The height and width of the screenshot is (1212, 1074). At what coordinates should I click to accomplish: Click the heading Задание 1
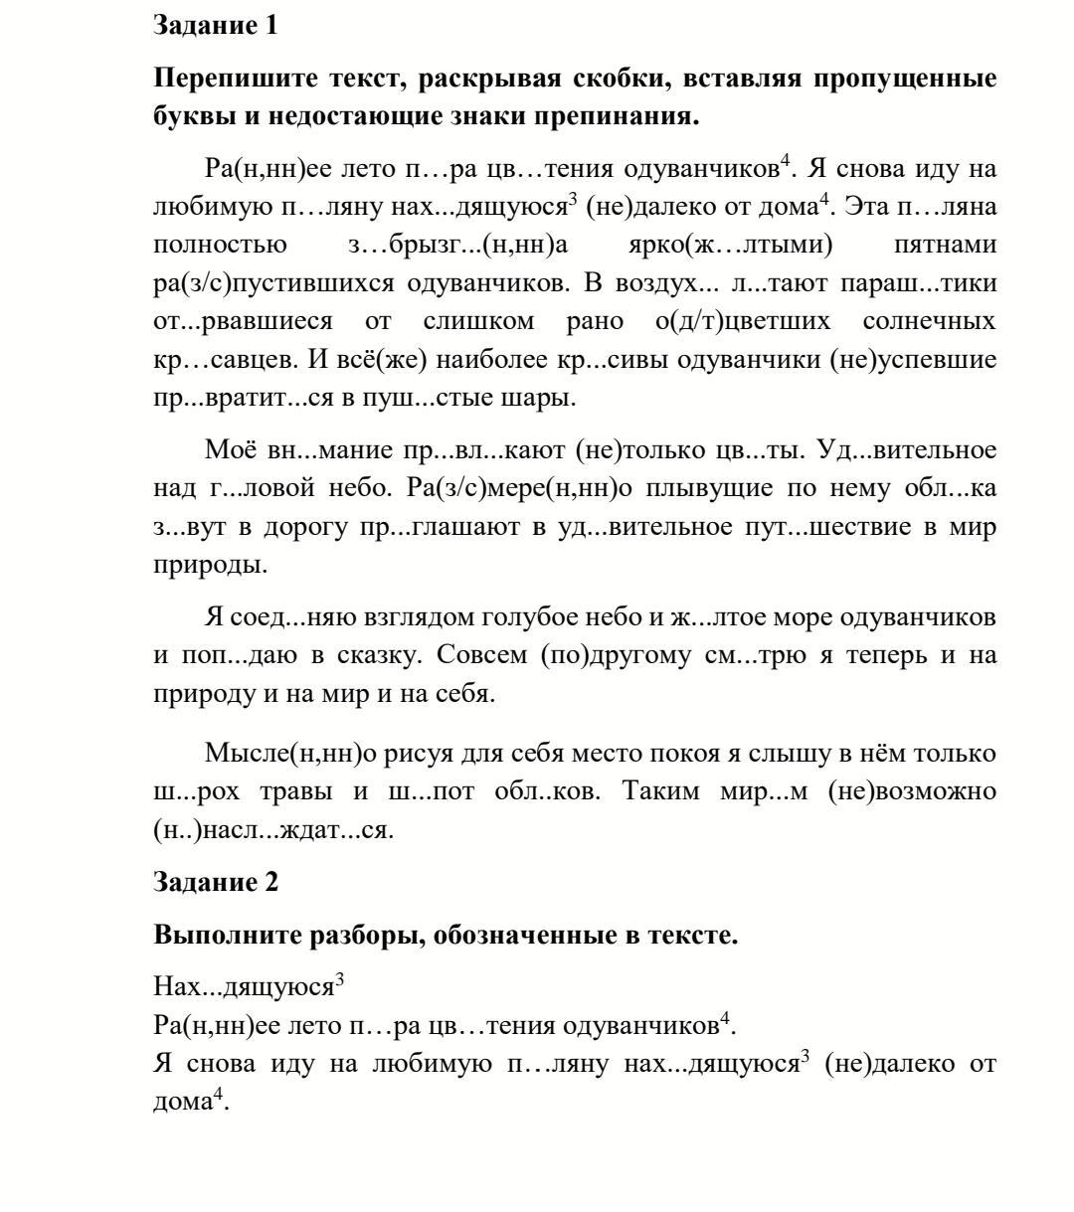[x=215, y=26]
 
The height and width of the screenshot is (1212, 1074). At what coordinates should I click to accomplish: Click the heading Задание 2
[x=215, y=881]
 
